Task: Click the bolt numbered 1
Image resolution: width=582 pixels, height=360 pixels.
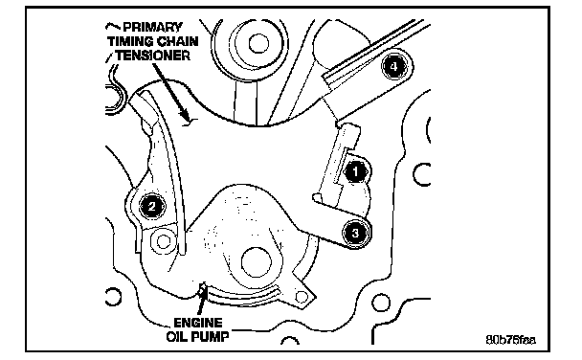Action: click(x=355, y=171)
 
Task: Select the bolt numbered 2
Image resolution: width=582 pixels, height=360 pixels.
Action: click(x=152, y=206)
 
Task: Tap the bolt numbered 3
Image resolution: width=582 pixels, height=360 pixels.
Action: click(x=355, y=233)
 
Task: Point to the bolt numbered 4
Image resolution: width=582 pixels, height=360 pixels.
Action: click(x=393, y=67)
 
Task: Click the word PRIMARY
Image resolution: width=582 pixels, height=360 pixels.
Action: click(x=152, y=27)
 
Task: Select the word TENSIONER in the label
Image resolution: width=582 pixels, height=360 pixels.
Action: click(x=152, y=56)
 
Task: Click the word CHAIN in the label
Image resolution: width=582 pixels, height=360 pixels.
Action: click(x=177, y=41)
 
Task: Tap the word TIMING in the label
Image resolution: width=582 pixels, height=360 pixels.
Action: click(x=130, y=41)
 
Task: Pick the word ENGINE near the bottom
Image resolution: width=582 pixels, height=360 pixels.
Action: click(x=198, y=323)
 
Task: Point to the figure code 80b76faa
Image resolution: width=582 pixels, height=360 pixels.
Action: click(x=511, y=340)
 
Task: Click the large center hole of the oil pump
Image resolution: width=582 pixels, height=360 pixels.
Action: click(x=256, y=262)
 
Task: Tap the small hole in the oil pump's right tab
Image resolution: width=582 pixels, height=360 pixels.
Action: click(x=302, y=297)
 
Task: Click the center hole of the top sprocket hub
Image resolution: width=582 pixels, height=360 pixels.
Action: click(x=258, y=43)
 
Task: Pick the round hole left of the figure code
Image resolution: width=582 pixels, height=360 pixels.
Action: click(x=381, y=303)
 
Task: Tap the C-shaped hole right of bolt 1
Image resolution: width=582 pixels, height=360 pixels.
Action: click(x=421, y=174)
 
